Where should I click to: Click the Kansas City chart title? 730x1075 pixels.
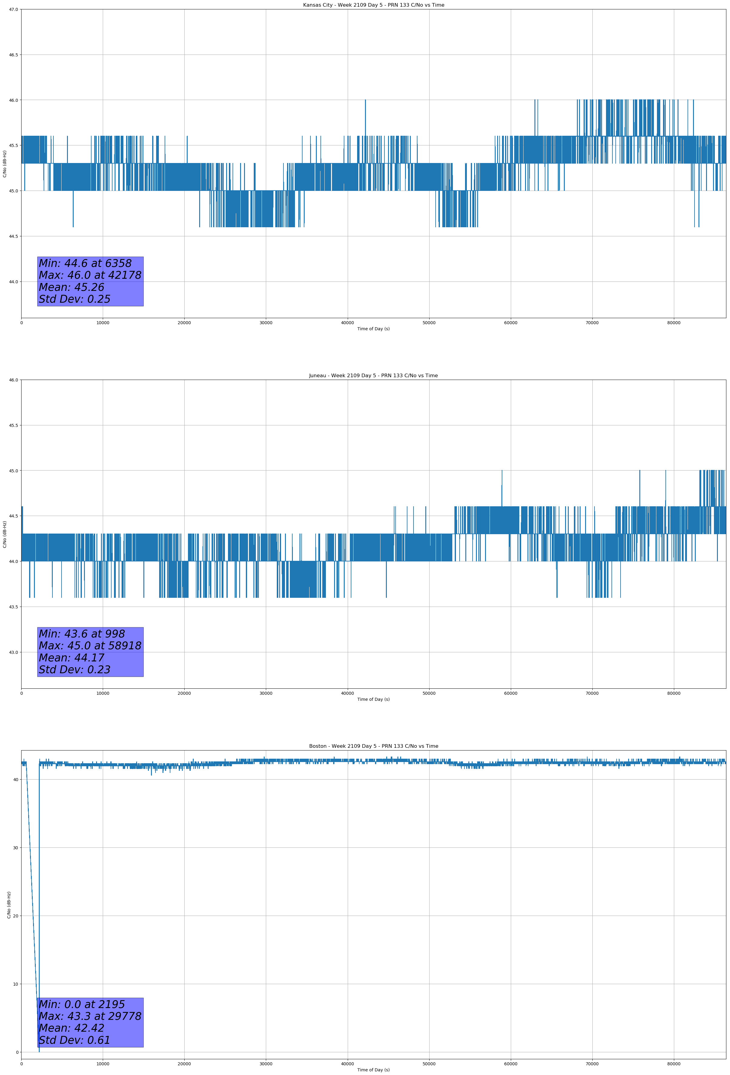[373, 5]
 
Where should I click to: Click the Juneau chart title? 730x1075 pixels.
[373, 376]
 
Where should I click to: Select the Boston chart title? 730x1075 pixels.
[373, 746]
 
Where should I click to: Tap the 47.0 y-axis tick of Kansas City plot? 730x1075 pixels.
[13, 9]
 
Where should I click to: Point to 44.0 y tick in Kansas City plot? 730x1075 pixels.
[13, 282]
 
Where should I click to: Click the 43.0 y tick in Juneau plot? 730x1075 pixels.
[13, 652]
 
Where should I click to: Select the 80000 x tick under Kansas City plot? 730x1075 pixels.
[674, 323]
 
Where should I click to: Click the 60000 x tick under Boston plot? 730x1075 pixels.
[511, 1064]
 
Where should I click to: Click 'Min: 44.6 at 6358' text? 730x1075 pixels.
[85, 263]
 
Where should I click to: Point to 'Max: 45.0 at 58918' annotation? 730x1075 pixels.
[90, 646]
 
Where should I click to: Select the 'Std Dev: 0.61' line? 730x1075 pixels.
[75, 1040]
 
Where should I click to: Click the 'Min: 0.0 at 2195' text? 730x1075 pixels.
[82, 1005]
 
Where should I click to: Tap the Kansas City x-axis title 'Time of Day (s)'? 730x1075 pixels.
[373, 329]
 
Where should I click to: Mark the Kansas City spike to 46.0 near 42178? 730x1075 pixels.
[365, 101]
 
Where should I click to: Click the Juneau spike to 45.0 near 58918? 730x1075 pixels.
[502, 471]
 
